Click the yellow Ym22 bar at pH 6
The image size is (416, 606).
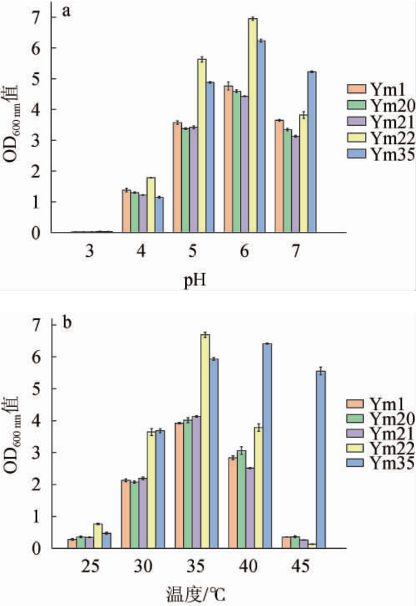click(x=253, y=125)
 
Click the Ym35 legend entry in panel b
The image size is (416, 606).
click(x=383, y=462)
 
